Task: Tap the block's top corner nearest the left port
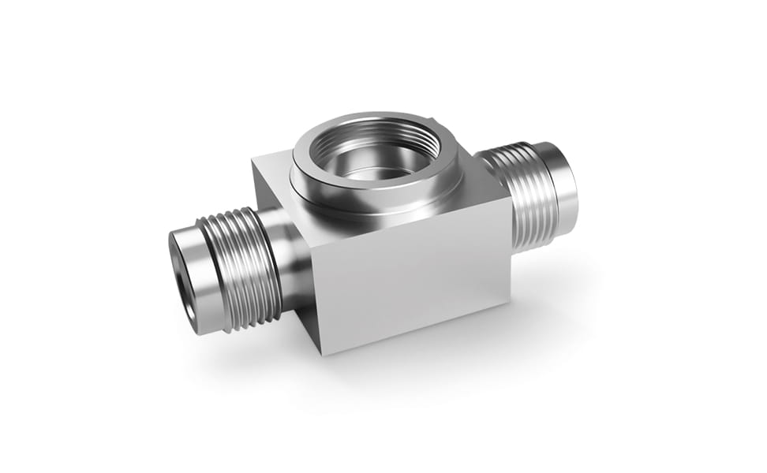[253, 160]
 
